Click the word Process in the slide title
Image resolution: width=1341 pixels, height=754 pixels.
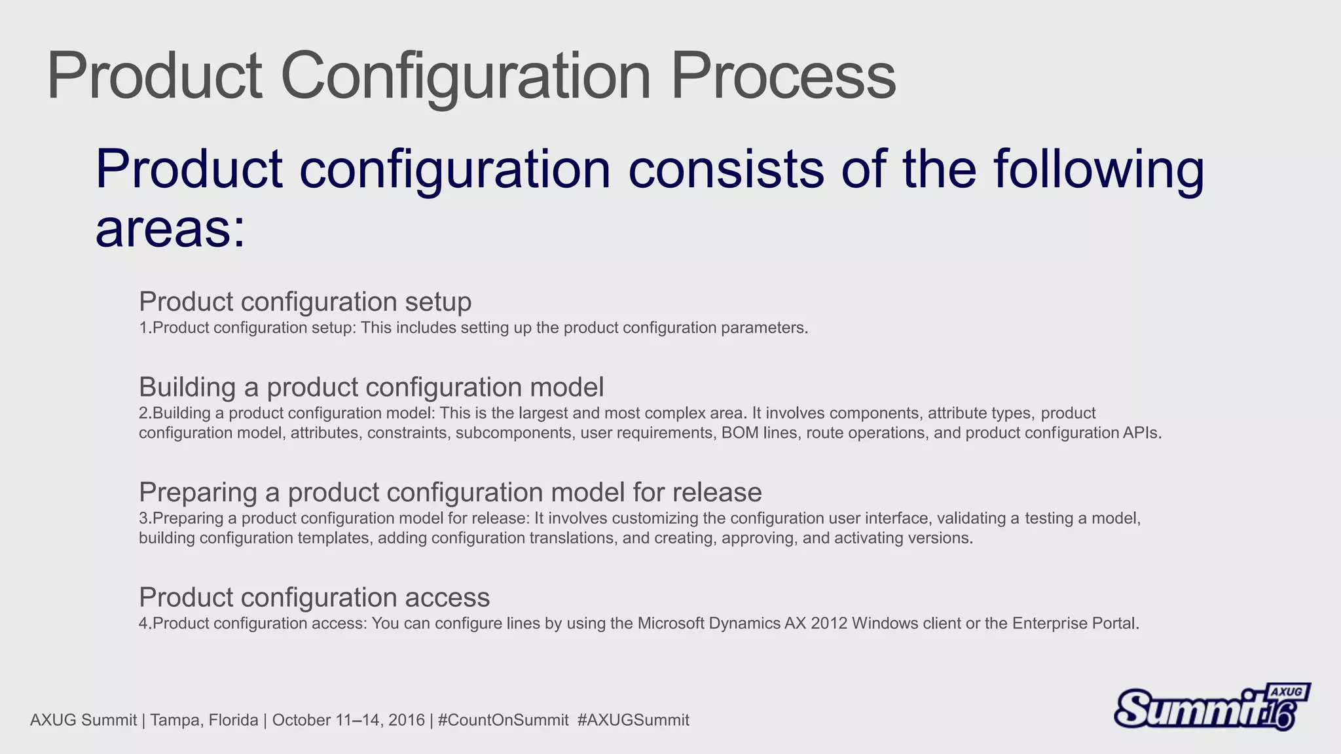pyautogui.click(x=783, y=77)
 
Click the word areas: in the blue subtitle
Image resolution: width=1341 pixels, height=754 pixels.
pyautogui.click(x=170, y=229)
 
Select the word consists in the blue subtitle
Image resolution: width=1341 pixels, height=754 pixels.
pyautogui.click(x=726, y=169)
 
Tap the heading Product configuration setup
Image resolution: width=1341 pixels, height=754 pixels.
pyautogui.click(x=305, y=302)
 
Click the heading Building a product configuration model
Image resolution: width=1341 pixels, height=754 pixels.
pyautogui.click(x=371, y=387)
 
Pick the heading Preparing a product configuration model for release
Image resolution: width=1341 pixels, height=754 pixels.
pyautogui.click(x=450, y=492)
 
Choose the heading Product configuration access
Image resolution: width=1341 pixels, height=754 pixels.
pyautogui.click(x=314, y=598)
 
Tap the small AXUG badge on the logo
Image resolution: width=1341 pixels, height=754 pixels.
pyautogui.click(x=1287, y=692)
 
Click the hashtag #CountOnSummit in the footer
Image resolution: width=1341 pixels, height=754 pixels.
pyautogui.click(x=503, y=721)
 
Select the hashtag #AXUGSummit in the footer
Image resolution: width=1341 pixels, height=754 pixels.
pyautogui.click(x=633, y=721)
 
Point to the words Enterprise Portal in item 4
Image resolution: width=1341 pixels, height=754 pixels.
pyautogui.click(x=1075, y=623)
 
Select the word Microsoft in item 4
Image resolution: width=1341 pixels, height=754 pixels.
pyautogui.click(x=671, y=623)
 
